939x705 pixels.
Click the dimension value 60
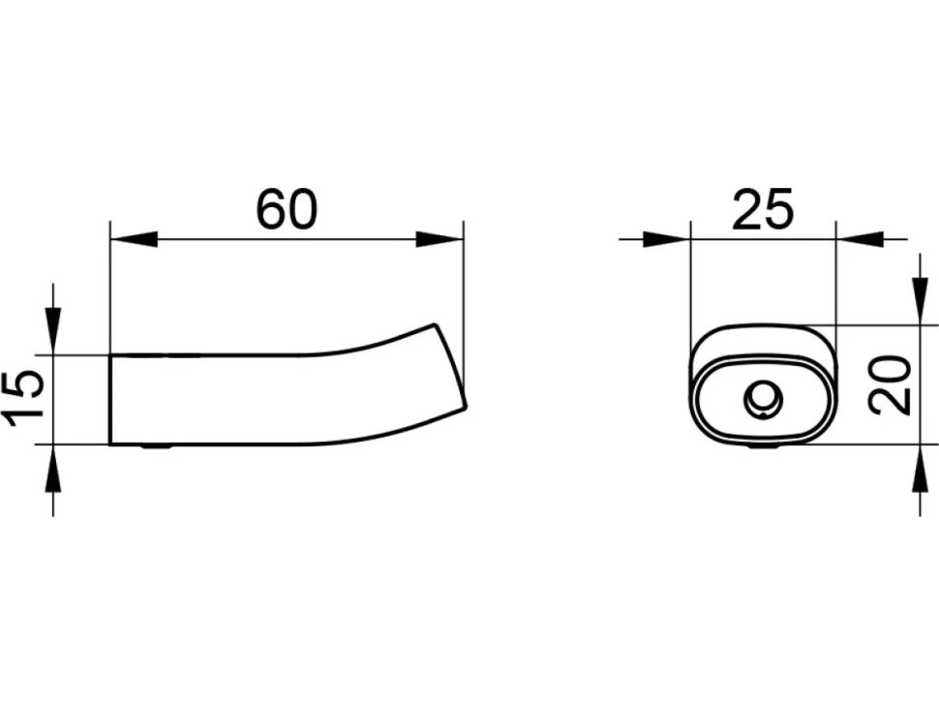[287, 209]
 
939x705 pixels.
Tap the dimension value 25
[763, 209]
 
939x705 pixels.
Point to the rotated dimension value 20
[890, 385]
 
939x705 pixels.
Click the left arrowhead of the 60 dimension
[134, 239]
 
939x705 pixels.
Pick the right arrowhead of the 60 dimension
[440, 239]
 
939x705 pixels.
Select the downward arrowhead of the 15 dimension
[53, 331]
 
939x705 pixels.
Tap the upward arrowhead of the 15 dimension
[53, 468]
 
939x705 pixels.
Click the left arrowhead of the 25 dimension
[667, 239]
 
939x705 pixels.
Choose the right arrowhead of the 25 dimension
[860, 239]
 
